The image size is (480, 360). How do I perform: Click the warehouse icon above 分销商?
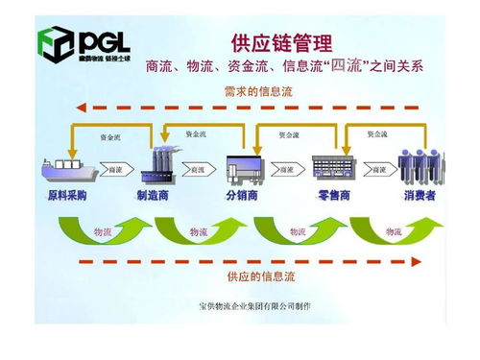244,167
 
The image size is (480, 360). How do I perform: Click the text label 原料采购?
67,195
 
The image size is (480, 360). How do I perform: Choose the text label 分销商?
244,195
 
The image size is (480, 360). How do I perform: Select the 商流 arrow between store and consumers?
377,170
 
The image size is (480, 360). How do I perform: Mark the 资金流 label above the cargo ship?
110,137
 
